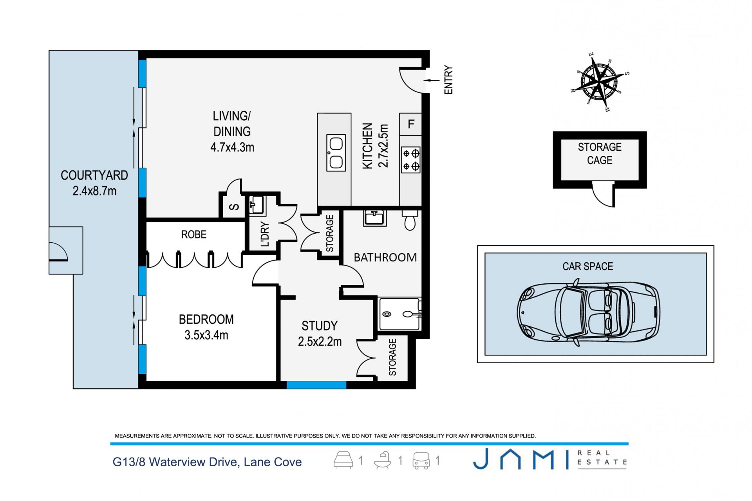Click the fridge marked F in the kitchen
point(410,124)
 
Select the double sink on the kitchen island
point(336,153)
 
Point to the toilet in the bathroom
point(410,220)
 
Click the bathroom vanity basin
point(375,218)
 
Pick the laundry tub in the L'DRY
point(257,205)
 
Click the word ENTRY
point(448,80)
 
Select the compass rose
point(599,82)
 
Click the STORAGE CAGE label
point(600,153)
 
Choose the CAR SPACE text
point(587,267)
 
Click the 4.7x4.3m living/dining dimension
point(232,148)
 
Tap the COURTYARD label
point(94,175)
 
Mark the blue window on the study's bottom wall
point(316,385)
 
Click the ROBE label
point(193,234)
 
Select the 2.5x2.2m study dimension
point(320,342)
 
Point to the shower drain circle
point(387,314)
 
